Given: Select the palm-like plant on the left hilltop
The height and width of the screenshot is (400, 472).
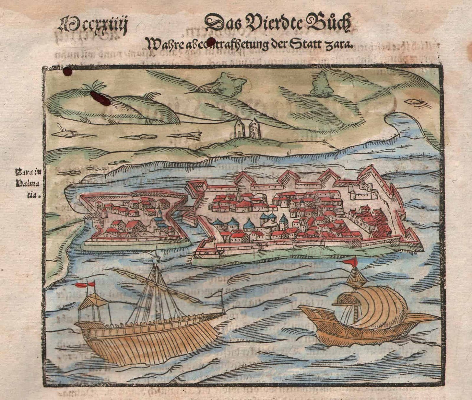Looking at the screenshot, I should (x=94, y=86).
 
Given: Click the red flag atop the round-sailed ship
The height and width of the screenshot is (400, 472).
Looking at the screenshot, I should (x=352, y=261).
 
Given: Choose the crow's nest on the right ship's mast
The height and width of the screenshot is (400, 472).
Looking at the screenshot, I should (x=355, y=279).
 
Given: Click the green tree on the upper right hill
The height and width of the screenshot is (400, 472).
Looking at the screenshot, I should (x=321, y=84).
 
